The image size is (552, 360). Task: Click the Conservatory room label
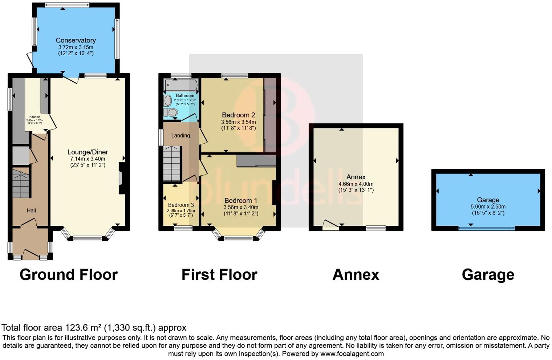pos(76,40)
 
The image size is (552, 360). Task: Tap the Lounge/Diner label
pos(88,152)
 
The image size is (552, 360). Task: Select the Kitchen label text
pos(35,117)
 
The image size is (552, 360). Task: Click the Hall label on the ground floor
pos(31,210)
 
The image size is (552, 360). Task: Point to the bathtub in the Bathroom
pos(181,85)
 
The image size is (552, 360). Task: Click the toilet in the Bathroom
pos(171,112)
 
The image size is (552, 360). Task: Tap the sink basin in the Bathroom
pos(168,100)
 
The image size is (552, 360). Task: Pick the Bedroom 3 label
pos(181,205)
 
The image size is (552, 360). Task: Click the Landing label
pos(180,135)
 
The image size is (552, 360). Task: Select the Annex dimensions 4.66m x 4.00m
pos(356,184)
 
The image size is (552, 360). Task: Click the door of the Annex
pos(330,225)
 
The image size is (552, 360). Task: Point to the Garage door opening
pos(487,228)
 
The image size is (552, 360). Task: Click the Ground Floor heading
pos(69,275)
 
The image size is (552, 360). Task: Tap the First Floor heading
pos(219,275)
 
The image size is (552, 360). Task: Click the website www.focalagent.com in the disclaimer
pos(352,353)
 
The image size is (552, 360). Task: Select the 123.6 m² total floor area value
pos(83,328)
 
